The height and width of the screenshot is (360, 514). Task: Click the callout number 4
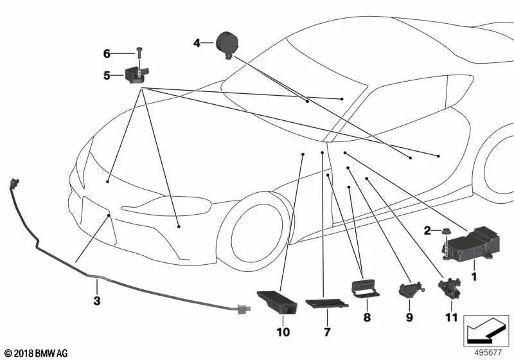[x=197, y=43]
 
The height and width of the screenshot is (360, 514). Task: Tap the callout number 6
[x=107, y=53]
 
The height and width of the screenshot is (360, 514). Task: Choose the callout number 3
[x=97, y=301]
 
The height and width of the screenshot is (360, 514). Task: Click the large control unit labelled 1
[x=472, y=244]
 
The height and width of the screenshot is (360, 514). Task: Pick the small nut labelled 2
[x=445, y=231]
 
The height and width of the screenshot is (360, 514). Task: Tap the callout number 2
[x=427, y=231]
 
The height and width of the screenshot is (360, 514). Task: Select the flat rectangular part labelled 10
[x=277, y=302]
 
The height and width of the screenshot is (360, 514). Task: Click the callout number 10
[x=283, y=332]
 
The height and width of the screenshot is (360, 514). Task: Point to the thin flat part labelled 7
[x=327, y=303]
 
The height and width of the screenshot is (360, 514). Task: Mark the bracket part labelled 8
[x=365, y=288]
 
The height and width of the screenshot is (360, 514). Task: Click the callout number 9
[x=409, y=318]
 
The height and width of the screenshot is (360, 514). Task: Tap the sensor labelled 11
[x=449, y=288]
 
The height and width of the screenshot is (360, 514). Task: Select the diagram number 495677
[x=488, y=352]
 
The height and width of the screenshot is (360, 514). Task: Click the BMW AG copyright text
[x=37, y=353]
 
